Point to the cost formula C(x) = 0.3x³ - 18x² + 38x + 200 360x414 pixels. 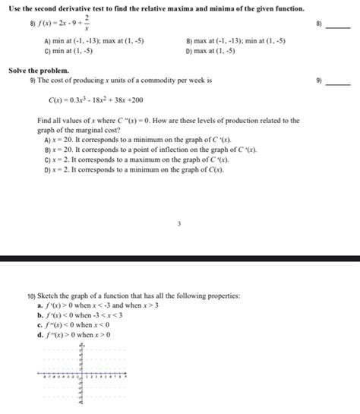[x=95, y=100]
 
